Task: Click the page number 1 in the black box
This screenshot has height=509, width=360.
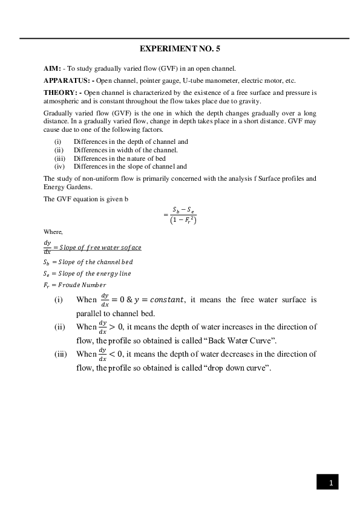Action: point(330,482)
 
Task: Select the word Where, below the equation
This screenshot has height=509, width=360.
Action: point(53,232)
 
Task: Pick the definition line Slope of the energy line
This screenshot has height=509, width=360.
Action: point(87,273)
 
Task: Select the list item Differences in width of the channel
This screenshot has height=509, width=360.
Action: point(125,150)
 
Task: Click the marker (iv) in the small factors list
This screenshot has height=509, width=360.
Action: point(59,166)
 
